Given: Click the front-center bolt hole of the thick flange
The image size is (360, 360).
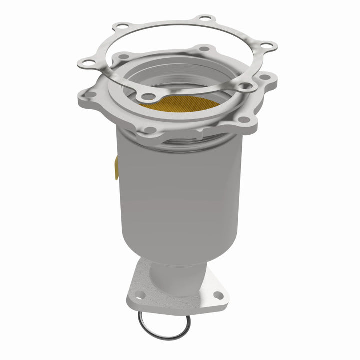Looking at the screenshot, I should point(149,130).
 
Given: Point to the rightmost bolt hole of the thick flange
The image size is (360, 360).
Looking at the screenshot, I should point(265,79).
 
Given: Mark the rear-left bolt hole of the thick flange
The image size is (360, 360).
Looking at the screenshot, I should point(122,55).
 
